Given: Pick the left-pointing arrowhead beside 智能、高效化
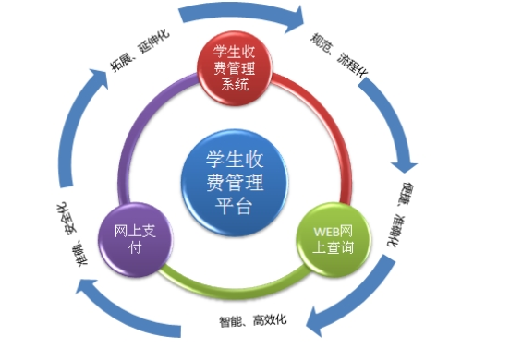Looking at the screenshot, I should pos(318,318).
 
